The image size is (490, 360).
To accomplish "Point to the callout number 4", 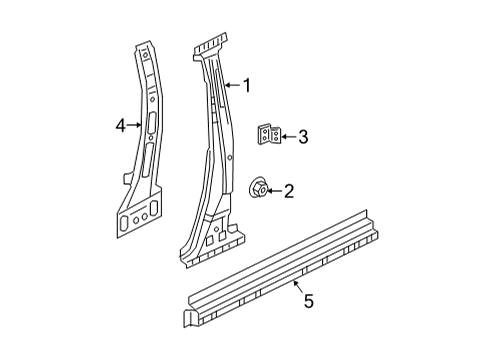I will [120, 126].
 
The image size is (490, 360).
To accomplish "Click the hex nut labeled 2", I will [257, 188].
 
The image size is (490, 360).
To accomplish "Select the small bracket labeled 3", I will [265, 135].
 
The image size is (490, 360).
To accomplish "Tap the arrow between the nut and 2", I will [273, 190].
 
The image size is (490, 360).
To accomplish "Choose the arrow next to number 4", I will [133, 126].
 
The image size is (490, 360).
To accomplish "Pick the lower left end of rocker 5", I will [189, 319].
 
